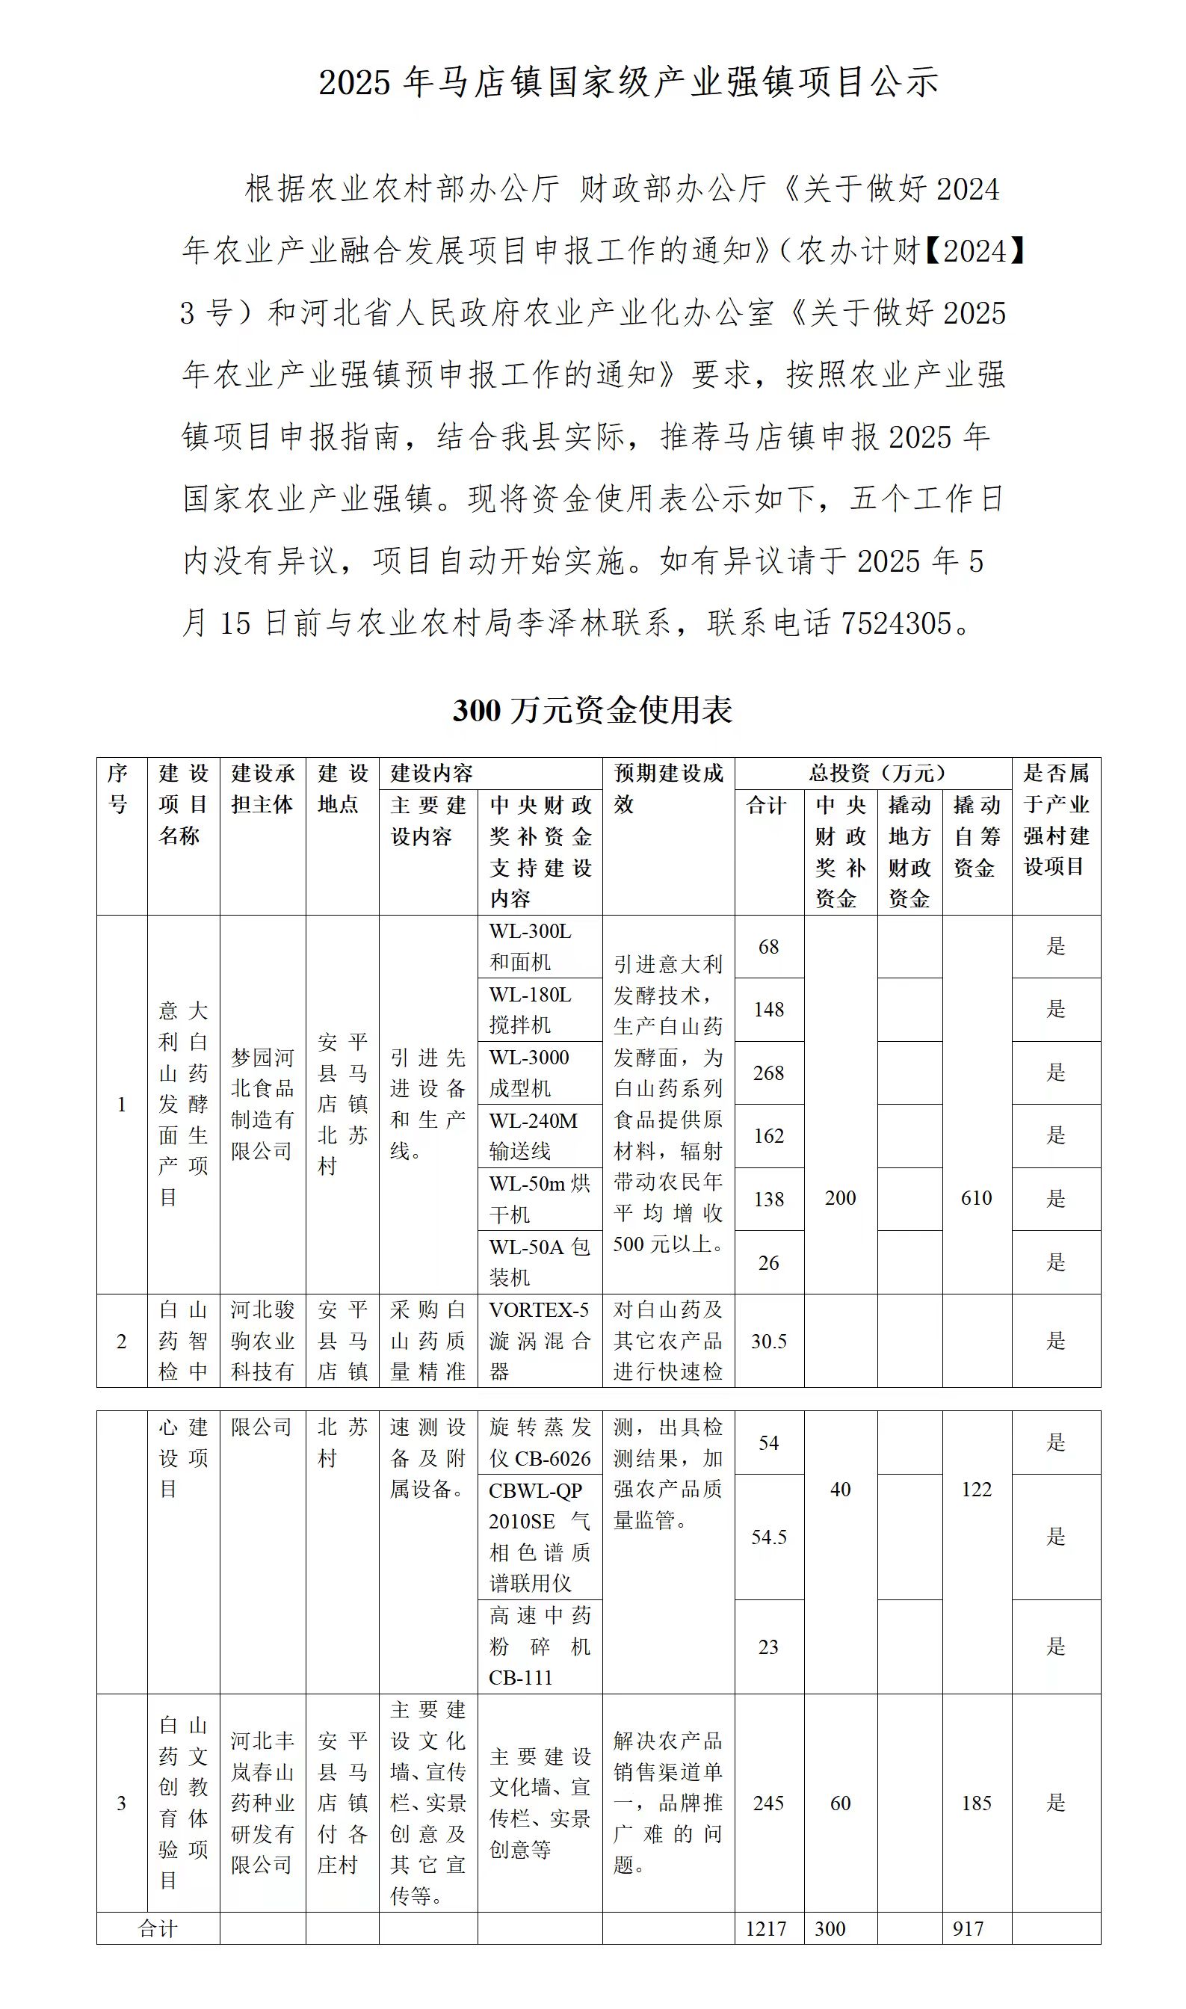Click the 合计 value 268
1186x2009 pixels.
click(x=769, y=1073)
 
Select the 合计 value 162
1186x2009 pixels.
click(x=769, y=1136)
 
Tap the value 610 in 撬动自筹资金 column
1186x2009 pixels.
click(x=977, y=1199)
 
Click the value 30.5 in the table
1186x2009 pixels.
click(x=769, y=1342)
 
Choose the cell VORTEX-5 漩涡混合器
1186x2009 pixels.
click(x=540, y=1342)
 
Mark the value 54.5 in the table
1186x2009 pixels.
click(x=769, y=1537)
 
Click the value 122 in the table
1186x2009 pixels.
click(x=977, y=1490)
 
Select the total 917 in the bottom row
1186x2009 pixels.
click(x=968, y=1929)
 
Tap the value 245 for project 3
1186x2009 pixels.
click(x=769, y=1803)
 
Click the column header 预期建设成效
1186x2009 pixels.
click(x=668, y=788)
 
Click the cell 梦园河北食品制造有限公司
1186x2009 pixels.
click(x=262, y=1105)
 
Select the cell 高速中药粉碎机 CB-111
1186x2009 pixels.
click(x=540, y=1647)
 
